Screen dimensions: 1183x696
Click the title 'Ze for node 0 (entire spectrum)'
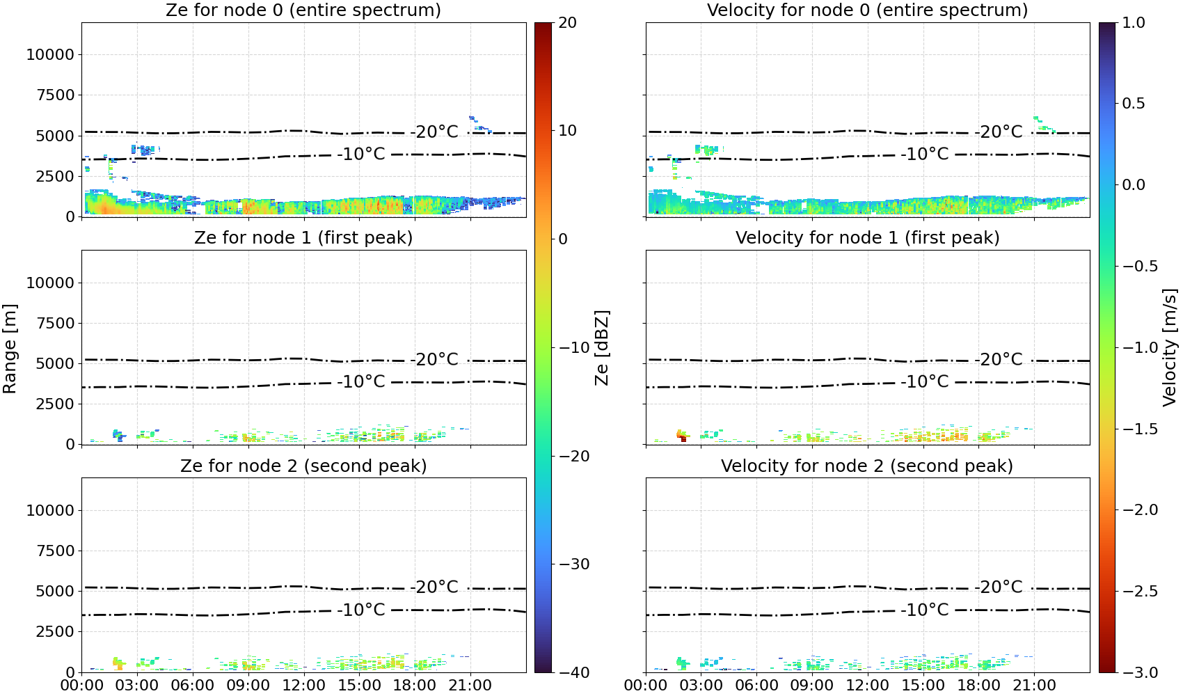pyautogui.click(x=303, y=10)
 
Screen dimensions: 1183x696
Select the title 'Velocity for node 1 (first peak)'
pyautogui.click(x=868, y=238)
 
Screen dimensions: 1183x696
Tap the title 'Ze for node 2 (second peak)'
pyautogui.click(x=303, y=466)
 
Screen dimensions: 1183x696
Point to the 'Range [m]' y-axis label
pyautogui.click(x=10, y=348)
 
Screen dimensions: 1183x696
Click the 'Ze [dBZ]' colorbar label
pyautogui.click(x=601, y=348)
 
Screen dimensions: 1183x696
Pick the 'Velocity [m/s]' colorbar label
pyautogui.click(x=1170, y=348)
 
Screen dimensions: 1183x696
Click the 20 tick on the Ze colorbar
pyautogui.click(x=567, y=23)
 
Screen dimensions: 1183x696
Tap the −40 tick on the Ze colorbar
pyautogui.click(x=574, y=672)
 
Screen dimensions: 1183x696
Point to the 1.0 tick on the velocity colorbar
pyautogui.click(x=1134, y=23)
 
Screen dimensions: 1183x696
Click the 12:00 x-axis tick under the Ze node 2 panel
pyautogui.click(x=303, y=686)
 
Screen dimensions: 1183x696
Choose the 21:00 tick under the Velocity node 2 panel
pyautogui.click(x=1034, y=686)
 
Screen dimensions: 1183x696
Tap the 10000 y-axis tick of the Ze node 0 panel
pyautogui.click(x=51, y=54)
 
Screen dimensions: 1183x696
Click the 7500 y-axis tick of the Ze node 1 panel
pyautogui.click(x=56, y=323)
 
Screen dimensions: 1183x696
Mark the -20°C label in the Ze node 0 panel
pyautogui.click(x=434, y=132)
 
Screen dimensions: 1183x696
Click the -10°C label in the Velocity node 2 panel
pyautogui.click(x=925, y=610)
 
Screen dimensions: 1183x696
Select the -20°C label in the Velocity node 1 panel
pyautogui.click(x=999, y=360)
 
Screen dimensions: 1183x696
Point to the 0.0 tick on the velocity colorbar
pyautogui.click(x=1134, y=185)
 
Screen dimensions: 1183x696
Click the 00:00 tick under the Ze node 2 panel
pyautogui.click(x=82, y=686)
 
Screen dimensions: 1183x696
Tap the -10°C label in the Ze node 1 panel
pyautogui.click(x=361, y=382)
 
